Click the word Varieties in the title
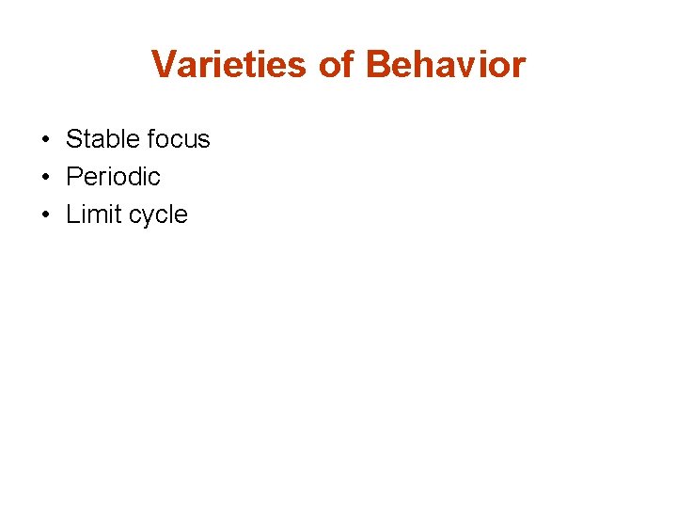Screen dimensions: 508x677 228,65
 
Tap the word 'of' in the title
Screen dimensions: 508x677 336,65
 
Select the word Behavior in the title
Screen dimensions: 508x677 445,65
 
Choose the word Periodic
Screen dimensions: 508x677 113,177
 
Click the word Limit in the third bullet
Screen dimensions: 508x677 89,214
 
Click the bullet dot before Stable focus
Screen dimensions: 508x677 45,140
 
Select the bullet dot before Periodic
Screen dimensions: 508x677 45,178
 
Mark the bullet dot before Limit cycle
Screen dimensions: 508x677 45,215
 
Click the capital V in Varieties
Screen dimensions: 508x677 163,65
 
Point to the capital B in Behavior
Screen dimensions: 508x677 378,65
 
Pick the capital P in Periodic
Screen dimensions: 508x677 74,177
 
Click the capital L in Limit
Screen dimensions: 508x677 72,214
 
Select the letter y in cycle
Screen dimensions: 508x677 144,217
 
